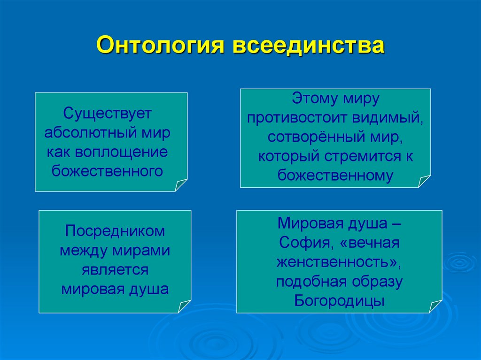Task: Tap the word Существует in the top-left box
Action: [x=106, y=113]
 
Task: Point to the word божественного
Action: [x=108, y=170]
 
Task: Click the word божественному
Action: [x=335, y=175]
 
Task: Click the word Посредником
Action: [x=115, y=231]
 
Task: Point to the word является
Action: [x=115, y=269]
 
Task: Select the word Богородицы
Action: [x=340, y=300]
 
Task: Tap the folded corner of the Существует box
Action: [x=180, y=185]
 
